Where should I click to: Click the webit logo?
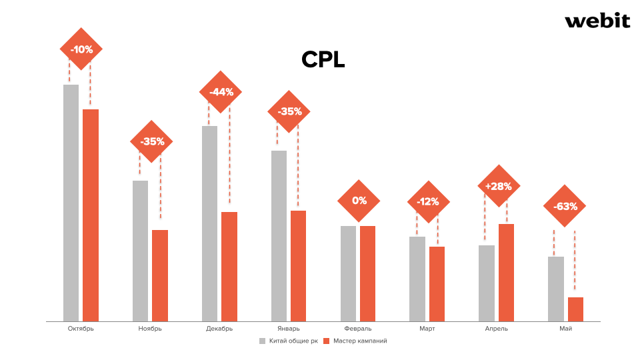point(597,21)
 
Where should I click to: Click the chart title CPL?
point(323,60)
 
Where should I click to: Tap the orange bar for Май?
point(575,309)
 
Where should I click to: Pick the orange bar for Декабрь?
point(229,267)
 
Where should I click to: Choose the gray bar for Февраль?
point(348,273)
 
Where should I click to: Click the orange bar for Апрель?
point(506,273)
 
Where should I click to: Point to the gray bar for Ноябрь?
point(140,251)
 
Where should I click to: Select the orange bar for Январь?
point(298,266)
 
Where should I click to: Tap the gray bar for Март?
point(417,279)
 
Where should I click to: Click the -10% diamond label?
point(81,49)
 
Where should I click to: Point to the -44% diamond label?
point(221,92)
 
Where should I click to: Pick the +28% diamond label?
point(499,186)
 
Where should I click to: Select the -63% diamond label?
point(565,206)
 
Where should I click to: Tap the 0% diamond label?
point(359,200)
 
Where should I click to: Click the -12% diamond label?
point(428,201)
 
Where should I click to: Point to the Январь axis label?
point(289,328)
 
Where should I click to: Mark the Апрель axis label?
point(497,328)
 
